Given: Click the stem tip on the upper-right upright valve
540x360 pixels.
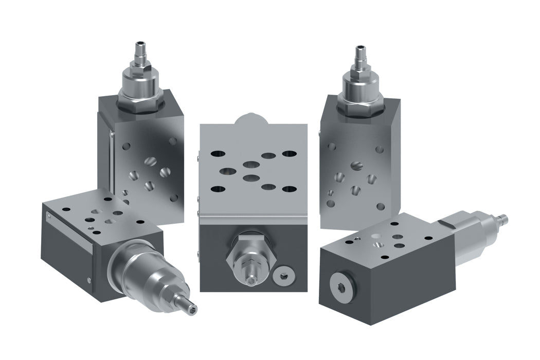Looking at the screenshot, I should [359, 50].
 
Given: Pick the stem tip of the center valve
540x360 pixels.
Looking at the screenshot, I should [250, 281].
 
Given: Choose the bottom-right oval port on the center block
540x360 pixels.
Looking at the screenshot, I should [290, 189].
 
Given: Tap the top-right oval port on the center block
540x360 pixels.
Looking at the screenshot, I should [290, 153].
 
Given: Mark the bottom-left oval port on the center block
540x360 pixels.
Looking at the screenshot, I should [218, 189].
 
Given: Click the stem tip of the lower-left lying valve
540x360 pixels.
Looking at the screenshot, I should [192, 309].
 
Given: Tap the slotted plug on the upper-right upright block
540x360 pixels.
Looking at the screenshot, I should [357, 166].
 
